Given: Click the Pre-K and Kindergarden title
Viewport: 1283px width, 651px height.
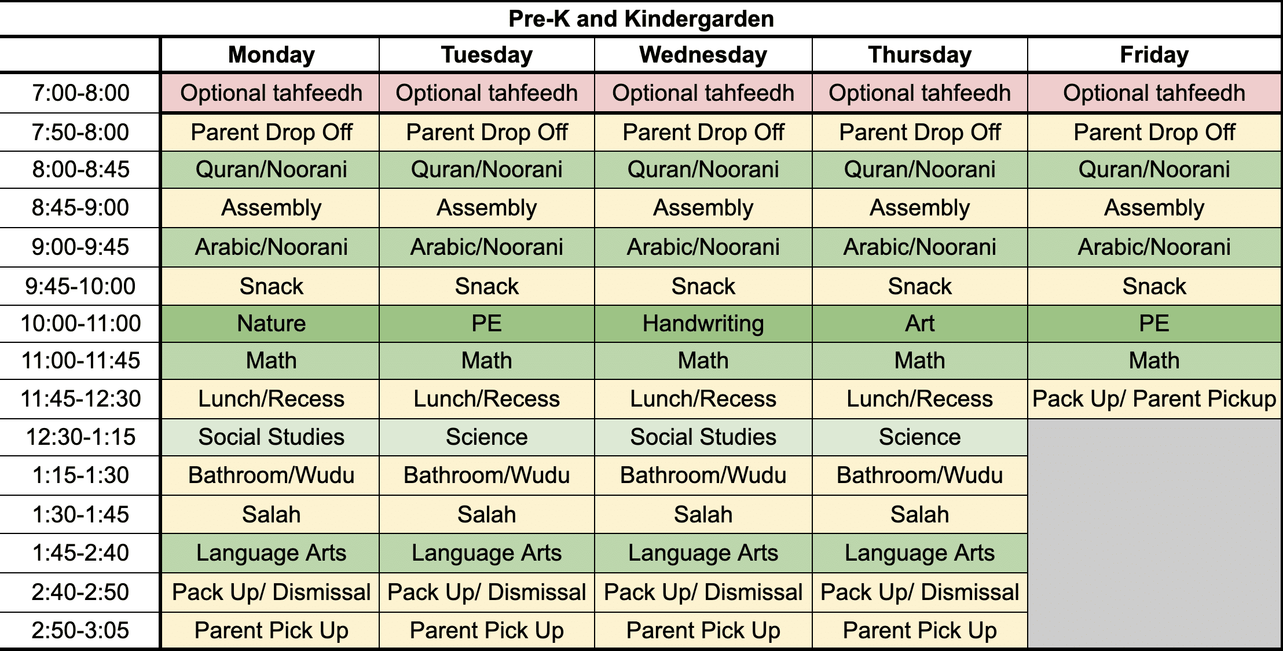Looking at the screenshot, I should [x=641, y=19].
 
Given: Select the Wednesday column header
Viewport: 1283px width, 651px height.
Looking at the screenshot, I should [x=703, y=55].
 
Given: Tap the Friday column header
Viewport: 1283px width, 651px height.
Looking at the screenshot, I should [x=1154, y=55].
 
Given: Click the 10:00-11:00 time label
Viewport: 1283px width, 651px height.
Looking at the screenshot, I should [x=80, y=323].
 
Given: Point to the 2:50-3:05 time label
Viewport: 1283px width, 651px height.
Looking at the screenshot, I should [x=80, y=630].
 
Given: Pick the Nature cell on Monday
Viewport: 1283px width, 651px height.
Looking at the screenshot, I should [x=271, y=323].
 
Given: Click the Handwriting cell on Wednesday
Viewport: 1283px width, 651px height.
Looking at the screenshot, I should [x=703, y=323].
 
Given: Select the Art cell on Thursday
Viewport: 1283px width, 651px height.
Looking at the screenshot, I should [x=919, y=323].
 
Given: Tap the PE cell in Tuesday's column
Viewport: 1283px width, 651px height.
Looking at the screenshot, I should [x=486, y=323].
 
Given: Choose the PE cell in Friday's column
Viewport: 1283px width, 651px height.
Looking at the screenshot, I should [x=1154, y=323].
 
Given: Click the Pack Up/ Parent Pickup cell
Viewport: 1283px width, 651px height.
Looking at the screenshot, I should [x=1154, y=398].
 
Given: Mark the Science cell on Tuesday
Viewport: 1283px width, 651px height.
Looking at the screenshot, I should [x=486, y=437].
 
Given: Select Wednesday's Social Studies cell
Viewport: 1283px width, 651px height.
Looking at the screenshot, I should [x=703, y=437].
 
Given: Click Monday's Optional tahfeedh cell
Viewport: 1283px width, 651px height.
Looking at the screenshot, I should [x=271, y=93].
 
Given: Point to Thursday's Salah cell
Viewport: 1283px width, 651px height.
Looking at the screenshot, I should [x=919, y=514].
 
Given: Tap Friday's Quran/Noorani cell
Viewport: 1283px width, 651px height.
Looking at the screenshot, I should [x=1154, y=169].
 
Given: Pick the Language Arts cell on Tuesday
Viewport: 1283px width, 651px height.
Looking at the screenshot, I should [x=486, y=553].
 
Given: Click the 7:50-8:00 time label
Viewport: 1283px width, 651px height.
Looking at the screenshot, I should [x=80, y=132].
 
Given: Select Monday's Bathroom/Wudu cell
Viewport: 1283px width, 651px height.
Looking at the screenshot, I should [x=271, y=475].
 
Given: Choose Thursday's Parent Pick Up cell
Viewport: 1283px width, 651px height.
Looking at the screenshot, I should [x=919, y=630].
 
